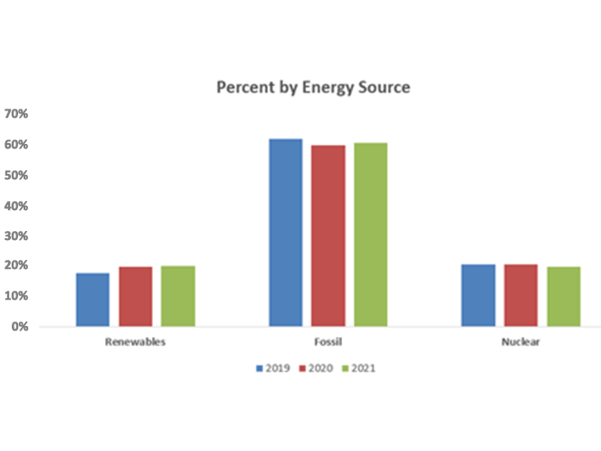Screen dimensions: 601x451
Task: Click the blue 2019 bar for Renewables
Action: click(x=92, y=300)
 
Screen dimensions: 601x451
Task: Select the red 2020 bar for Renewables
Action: click(x=136, y=296)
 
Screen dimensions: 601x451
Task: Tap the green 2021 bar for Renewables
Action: click(x=177, y=296)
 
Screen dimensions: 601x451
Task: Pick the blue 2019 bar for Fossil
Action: click(x=285, y=233)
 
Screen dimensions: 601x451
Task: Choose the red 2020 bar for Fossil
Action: click(x=328, y=235)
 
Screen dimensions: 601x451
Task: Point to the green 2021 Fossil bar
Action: click(x=370, y=235)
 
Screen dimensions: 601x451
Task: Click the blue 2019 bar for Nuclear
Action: click(x=478, y=295)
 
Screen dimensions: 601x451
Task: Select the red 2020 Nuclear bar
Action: click(x=520, y=295)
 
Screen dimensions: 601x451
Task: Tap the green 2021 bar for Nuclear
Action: click(x=564, y=296)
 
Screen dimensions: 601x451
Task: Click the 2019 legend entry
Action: click(x=273, y=369)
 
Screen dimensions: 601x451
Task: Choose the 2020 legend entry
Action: click(x=316, y=369)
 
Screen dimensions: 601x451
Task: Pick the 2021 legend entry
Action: click(x=358, y=369)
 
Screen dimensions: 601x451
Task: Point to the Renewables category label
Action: click(x=135, y=341)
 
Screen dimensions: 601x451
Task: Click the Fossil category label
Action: click(x=328, y=341)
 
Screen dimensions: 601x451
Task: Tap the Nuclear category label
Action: click(x=520, y=341)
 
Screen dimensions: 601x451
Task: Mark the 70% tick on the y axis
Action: click(x=16, y=113)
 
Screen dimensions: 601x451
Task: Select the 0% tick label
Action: click(x=20, y=326)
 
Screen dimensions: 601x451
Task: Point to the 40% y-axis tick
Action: click(x=16, y=206)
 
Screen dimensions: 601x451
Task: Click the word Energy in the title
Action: click(x=328, y=88)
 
